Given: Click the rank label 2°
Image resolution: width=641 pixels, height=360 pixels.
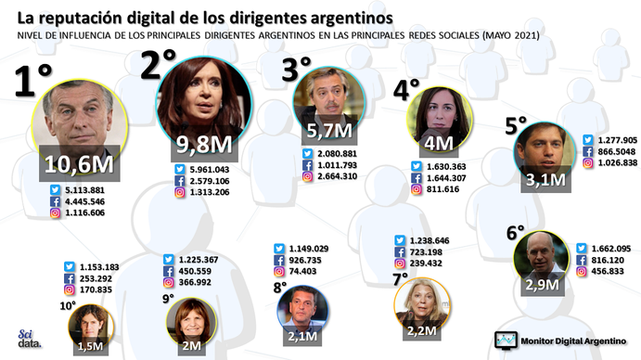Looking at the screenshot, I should pyautogui.click(x=158, y=68).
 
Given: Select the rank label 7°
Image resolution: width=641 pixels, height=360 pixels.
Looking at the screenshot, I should pyautogui.click(x=400, y=277).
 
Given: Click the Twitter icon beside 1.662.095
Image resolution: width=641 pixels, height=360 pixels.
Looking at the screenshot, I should pyautogui.click(x=583, y=249).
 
